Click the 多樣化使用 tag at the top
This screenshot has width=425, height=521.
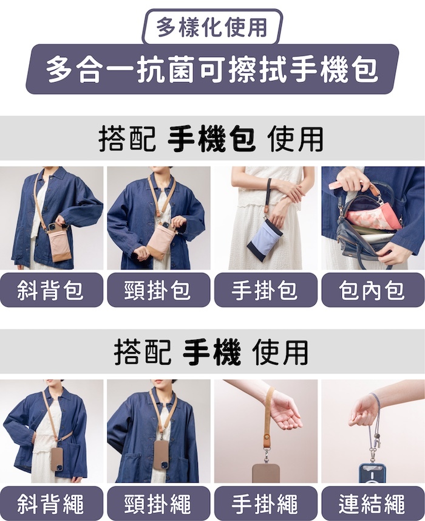tap(212, 27)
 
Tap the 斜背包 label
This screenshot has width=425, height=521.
tap(51, 290)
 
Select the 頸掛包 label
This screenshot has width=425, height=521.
tap(158, 290)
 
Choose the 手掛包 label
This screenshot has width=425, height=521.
tap(265, 290)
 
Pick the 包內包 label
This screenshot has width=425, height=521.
tap(373, 290)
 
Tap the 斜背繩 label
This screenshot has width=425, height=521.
tap(51, 503)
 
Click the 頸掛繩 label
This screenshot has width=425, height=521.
tap(158, 503)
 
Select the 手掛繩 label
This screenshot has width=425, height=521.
tap(265, 503)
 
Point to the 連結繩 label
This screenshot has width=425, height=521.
tap(373, 503)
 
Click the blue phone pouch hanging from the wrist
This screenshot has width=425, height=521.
tap(265, 240)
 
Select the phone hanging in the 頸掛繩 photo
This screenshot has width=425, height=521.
tap(161, 455)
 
